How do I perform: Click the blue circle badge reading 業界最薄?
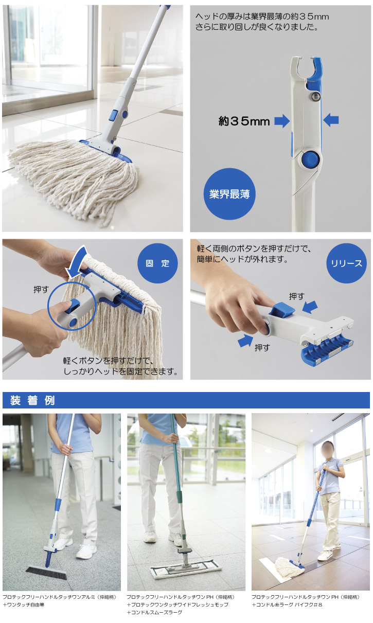[x=229, y=194]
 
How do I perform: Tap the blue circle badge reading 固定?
[x=157, y=263]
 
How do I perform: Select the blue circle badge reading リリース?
[x=346, y=263]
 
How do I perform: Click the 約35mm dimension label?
[x=244, y=121]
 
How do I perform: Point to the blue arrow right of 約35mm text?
[x=282, y=121]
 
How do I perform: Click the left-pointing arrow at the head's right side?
[x=331, y=120]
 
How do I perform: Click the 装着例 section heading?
[x=32, y=400]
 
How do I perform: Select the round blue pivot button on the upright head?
[x=310, y=159]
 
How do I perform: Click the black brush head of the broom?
[x=46, y=573]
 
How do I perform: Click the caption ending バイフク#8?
[x=287, y=604]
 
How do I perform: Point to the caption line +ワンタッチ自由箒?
[x=23, y=604]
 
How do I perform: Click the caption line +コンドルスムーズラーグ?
[x=154, y=612]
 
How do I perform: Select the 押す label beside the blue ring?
[x=41, y=290]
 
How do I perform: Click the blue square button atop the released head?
[x=283, y=310]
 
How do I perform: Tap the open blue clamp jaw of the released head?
[x=327, y=350]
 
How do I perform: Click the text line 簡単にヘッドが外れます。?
[x=242, y=259]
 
